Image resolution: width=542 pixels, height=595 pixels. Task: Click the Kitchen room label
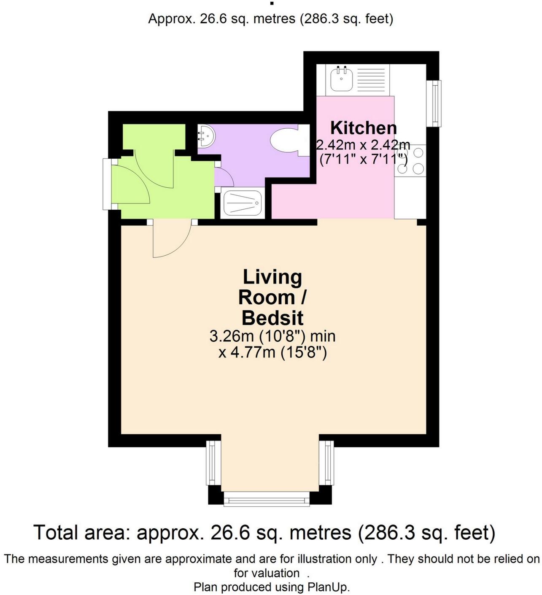pyautogui.click(x=363, y=128)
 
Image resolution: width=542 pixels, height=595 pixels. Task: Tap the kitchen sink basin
pyautogui.click(x=342, y=79)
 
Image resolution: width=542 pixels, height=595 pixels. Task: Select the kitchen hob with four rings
pyautogui.click(x=410, y=160)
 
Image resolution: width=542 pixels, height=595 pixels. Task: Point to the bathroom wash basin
pyautogui.click(x=207, y=136)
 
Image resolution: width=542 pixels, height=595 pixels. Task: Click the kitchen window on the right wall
pyautogui.click(x=434, y=103)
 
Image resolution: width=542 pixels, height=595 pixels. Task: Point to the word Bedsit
pyautogui.click(x=272, y=318)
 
